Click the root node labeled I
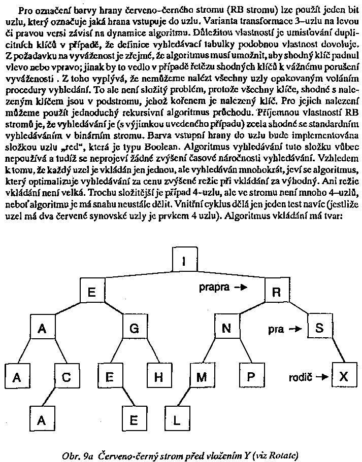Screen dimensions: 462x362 click(184, 261)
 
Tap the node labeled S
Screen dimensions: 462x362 click(319, 328)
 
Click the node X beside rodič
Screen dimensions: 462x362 click(344, 376)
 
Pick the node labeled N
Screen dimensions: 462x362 click(226, 328)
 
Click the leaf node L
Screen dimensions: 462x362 click(176, 420)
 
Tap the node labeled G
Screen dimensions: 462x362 click(134, 328)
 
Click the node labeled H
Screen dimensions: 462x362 click(159, 377)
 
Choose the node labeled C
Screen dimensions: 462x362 click(67, 377)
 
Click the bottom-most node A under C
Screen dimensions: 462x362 click(43, 420)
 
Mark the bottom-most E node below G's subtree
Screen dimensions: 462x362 click(135, 420)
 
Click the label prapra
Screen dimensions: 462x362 click(214, 288)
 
